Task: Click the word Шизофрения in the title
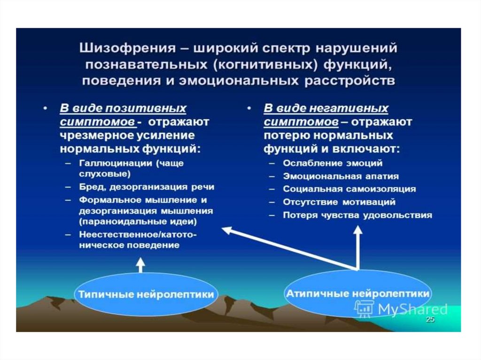[128, 48]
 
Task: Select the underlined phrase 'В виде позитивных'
[123, 108]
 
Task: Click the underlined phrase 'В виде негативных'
[326, 108]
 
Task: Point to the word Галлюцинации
[116, 163]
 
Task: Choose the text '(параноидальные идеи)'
[138, 222]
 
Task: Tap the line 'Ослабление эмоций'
[333, 163]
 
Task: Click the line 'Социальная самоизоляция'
[349, 189]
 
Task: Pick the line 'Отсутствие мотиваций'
[339, 202]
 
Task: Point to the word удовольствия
[397, 215]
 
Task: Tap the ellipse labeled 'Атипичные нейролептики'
[357, 294]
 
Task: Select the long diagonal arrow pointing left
[289, 249]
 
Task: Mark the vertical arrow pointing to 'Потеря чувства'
[357, 248]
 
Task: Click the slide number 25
[430, 320]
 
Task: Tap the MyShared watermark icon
[365, 308]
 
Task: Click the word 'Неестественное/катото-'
[138, 235]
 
